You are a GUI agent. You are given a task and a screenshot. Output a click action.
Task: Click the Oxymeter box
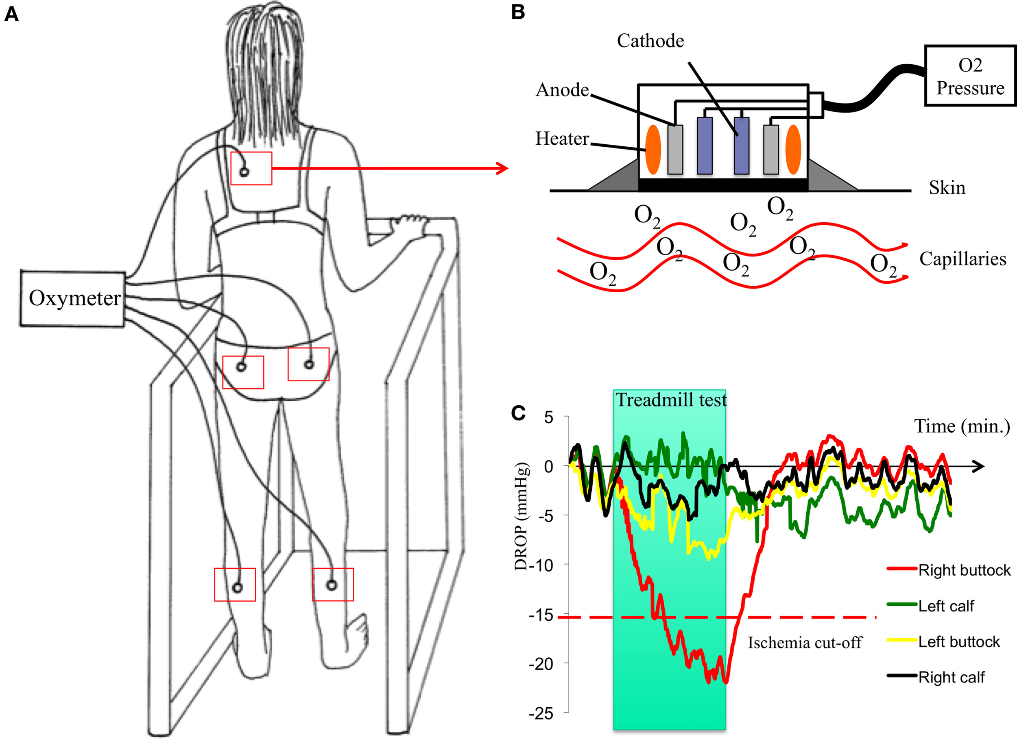pyautogui.click(x=72, y=298)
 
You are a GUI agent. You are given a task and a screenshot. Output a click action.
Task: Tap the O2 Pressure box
pyautogui.click(x=970, y=76)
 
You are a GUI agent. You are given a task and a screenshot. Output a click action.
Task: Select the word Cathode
pyautogui.click(x=650, y=41)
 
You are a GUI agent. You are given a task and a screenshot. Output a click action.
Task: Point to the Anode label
pyautogui.click(x=562, y=90)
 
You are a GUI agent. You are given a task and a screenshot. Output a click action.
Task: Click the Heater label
pyautogui.click(x=562, y=139)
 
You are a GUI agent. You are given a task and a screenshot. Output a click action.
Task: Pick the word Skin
pyautogui.click(x=947, y=187)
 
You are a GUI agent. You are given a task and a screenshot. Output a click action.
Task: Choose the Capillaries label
pyautogui.click(x=962, y=259)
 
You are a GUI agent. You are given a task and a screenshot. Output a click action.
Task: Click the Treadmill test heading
pyautogui.click(x=671, y=400)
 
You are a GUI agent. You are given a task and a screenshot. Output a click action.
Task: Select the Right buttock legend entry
pyautogui.click(x=964, y=570)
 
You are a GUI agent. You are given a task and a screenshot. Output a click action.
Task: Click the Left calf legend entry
pyautogui.click(x=946, y=606)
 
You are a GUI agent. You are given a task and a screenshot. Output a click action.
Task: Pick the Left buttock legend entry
pyautogui.click(x=959, y=642)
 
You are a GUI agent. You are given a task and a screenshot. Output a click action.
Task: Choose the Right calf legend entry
pyautogui.click(x=951, y=677)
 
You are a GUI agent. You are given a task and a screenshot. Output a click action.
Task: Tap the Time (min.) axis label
pyautogui.click(x=961, y=426)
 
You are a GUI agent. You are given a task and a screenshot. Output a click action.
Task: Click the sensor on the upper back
pyautogui.click(x=244, y=172)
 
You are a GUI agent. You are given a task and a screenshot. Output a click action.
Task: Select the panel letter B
pyautogui.click(x=518, y=12)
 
